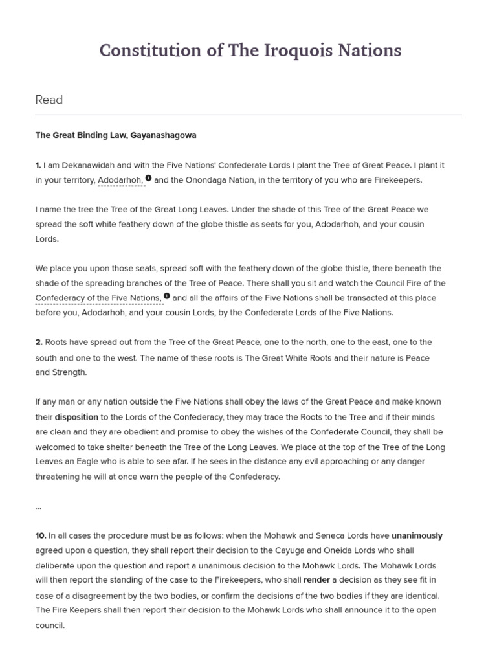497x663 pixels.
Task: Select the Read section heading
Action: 49,100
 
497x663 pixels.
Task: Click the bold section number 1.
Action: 38,165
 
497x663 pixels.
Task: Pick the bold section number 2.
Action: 39,342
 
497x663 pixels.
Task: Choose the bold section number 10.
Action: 41,535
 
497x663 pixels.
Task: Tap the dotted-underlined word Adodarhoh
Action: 120,180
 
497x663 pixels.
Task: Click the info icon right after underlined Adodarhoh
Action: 149,178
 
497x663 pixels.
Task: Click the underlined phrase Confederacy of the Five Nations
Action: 98,298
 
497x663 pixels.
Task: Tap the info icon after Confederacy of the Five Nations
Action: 167,296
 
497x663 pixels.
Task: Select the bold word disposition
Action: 77,417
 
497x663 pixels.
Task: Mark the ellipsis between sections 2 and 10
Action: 38,506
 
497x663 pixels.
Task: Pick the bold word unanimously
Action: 417,535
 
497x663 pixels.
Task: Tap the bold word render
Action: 316,580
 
